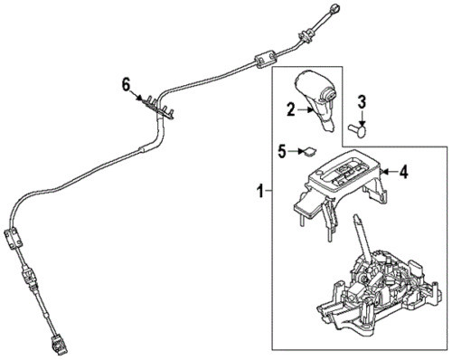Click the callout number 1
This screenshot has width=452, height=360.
tap(260, 191)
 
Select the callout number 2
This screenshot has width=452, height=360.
tap(290, 109)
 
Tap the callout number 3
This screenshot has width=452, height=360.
tap(362, 102)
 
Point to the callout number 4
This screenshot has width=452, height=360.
tap(404, 172)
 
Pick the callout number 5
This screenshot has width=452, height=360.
tap(281, 151)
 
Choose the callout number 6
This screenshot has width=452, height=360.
tap(126, 85)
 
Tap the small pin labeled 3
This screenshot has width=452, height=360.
tap(358, 130)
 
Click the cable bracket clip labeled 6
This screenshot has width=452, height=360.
tap(158, 108)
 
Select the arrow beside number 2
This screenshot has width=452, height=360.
tap(306, 110)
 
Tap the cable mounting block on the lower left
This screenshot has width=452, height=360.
tap(14, 239)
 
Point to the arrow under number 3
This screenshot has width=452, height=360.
tap(362, 118)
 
